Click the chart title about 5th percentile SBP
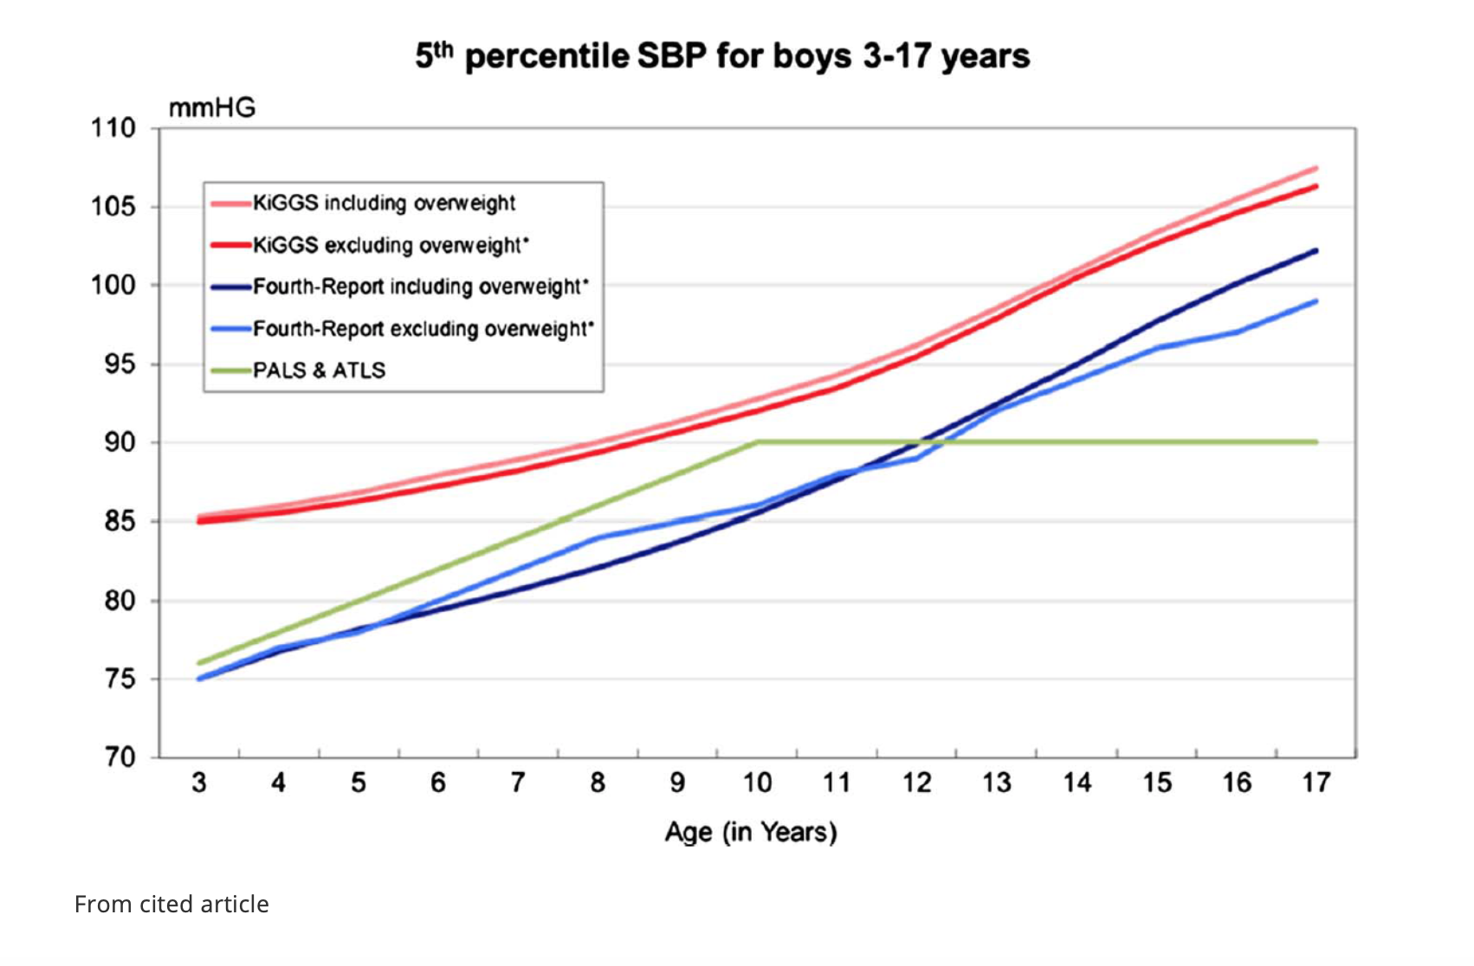point(722,56)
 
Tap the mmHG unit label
point(212,107)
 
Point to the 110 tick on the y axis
point(113,127)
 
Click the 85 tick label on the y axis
point(120,521)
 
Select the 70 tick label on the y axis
point(120,757)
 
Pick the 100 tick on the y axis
point(113,285)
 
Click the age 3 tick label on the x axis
point(198,782)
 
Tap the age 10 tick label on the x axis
point(757,782)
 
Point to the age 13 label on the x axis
point(996,782)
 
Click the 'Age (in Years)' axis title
point(751,833)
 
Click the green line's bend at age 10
point(757,442)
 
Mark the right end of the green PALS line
point(1316,442)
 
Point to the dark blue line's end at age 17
point(1316,250)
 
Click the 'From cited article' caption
point(171,905)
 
